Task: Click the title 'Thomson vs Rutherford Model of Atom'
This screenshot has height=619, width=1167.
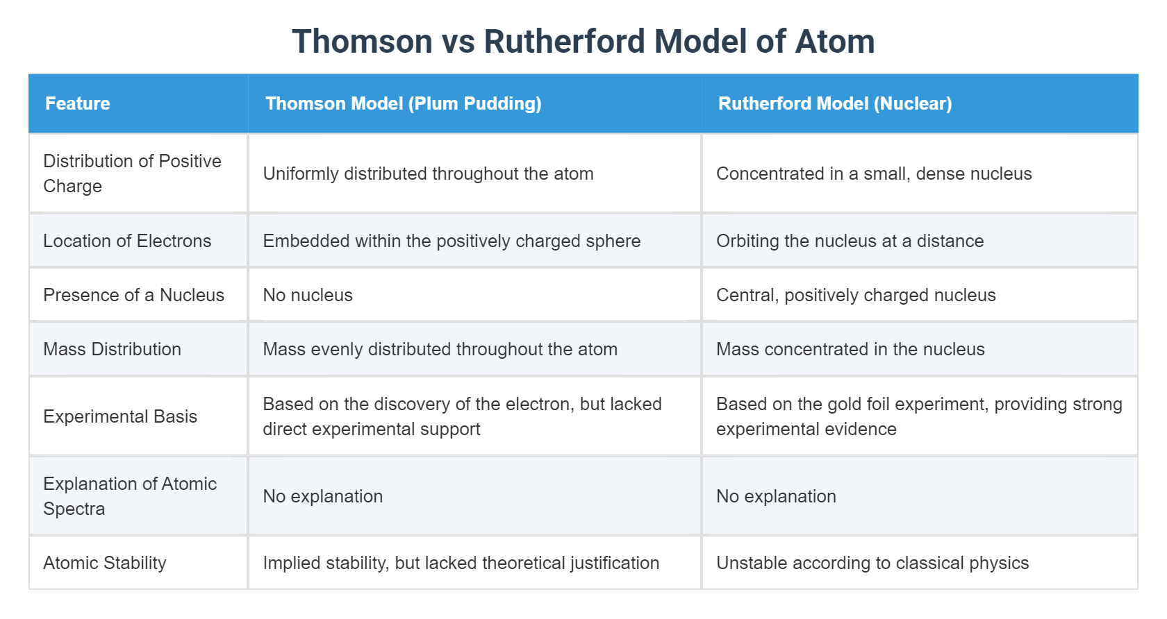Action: [583, 41]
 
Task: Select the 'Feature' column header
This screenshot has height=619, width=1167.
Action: [78, 103]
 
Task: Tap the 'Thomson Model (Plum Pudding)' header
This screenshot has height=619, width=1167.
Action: [403, 103]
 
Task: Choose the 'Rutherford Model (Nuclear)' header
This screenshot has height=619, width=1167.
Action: [834, 103]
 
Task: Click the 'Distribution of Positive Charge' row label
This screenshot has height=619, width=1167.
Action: [132, 173]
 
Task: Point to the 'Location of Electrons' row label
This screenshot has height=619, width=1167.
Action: [127, 241]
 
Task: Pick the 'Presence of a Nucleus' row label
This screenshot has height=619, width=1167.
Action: [133, 295]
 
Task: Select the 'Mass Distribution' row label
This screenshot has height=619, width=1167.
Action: [112, 349]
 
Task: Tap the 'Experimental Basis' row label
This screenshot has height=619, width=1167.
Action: [120, 416]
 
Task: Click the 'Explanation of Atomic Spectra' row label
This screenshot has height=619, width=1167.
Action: [130, 496]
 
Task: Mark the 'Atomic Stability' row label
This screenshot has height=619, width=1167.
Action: [105, 563]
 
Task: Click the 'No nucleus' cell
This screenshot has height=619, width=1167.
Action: [308, 295]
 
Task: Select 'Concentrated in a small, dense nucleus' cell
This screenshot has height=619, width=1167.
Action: [874, 173]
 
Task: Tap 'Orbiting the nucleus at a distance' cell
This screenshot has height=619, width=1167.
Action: [850, 241]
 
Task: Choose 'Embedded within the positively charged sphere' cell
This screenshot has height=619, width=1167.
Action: [452, 241]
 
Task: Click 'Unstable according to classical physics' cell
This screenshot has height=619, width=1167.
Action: [872, 563]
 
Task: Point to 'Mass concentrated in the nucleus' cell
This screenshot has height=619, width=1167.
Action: [850, 349]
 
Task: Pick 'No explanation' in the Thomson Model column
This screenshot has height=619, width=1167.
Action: [323, 496]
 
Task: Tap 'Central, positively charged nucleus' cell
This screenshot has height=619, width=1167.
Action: [856, 295]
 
